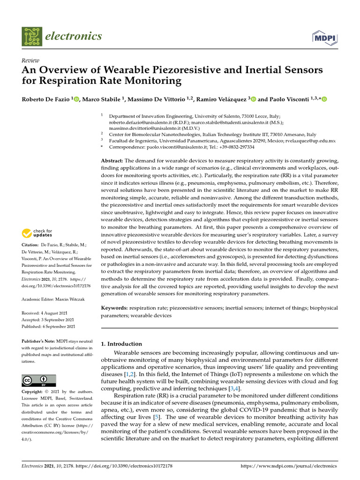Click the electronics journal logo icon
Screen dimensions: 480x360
tap(32, 36)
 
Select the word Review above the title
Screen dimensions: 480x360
tap(30, 61)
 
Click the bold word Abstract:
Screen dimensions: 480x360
tap(112, 160)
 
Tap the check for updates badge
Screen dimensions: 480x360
tap(37, 233)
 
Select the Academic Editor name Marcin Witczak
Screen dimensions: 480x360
tap(70, 299)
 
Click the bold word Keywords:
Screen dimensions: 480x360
tap(115, 308)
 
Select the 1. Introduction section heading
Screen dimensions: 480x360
tap(122, 344)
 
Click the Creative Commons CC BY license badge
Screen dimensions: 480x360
tap(39, 381)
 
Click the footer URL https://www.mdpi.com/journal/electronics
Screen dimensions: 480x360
tap(288, 466)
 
